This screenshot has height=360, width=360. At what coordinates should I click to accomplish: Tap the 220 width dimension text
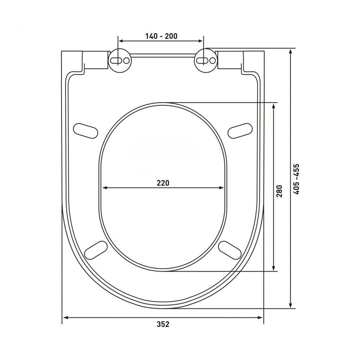click(163, 183)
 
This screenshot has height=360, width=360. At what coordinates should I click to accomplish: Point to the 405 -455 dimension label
click(296, 179)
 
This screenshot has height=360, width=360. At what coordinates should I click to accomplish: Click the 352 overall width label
click(163, 324)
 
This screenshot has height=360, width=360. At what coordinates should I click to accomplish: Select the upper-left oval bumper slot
click(85, 130)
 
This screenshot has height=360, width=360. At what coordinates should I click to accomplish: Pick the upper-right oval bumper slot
click(240, 130)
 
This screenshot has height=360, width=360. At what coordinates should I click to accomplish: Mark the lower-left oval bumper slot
click(96, 249)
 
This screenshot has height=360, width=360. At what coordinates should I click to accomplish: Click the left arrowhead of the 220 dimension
click(105, 187)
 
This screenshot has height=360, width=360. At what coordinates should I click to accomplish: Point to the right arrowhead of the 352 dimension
click(261, 317)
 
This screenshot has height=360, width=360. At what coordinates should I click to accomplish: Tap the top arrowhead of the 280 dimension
click(274, 105)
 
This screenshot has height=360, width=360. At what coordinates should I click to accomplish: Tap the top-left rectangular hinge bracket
click(96, 60)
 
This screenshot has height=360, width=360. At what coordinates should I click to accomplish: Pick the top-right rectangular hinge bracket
click(230, 60)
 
